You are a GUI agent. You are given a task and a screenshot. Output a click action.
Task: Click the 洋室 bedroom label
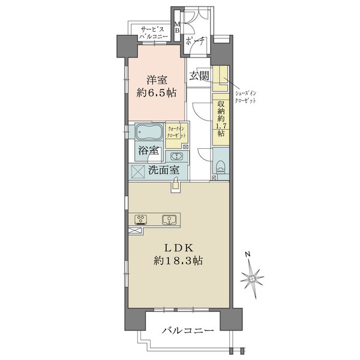(157, 80)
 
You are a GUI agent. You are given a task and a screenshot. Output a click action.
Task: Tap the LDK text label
(178, 248)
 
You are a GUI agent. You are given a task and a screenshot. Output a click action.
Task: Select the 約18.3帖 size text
(178, 261)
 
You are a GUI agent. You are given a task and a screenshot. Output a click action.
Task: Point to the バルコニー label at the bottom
(188, 331)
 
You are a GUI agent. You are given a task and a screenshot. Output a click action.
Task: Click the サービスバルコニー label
(152, 33)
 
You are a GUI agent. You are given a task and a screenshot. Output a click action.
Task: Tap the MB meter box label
(177, 28)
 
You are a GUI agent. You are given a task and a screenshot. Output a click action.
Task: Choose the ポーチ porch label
(195, 41)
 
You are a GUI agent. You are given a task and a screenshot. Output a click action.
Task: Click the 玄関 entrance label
(199, 76)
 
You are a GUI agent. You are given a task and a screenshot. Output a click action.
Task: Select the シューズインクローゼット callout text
(245, 97)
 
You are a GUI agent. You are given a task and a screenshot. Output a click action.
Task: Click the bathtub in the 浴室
(149, 132)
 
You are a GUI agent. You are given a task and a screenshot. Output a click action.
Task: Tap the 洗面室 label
(163, 170)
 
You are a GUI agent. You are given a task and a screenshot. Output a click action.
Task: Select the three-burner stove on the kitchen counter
(141, 220)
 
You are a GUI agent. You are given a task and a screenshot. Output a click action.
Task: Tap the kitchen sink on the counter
(169, 220)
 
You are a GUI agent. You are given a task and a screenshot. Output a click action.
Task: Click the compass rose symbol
(252, 279)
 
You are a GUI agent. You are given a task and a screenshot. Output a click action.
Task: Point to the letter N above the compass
(247, 254)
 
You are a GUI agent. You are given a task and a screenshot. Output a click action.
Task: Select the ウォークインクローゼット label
(176, 132)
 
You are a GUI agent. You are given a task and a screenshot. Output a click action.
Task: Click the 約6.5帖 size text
(157, 93)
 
